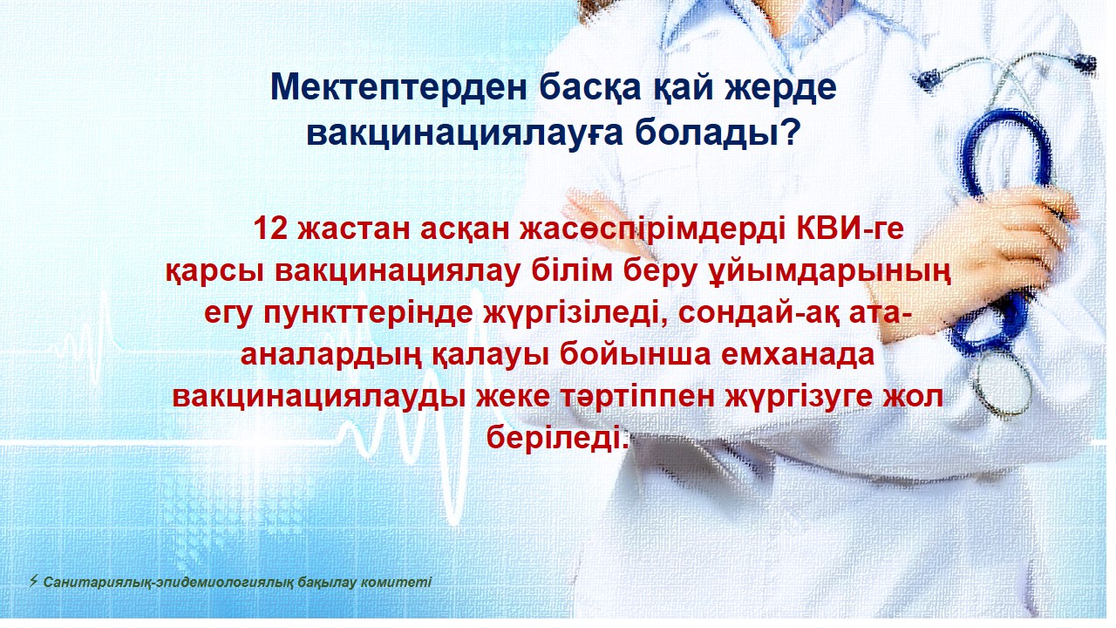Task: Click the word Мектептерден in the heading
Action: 398,87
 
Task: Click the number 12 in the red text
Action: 270,229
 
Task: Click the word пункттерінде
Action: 368,314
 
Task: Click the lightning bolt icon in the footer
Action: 33,581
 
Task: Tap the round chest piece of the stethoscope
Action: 1003,383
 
